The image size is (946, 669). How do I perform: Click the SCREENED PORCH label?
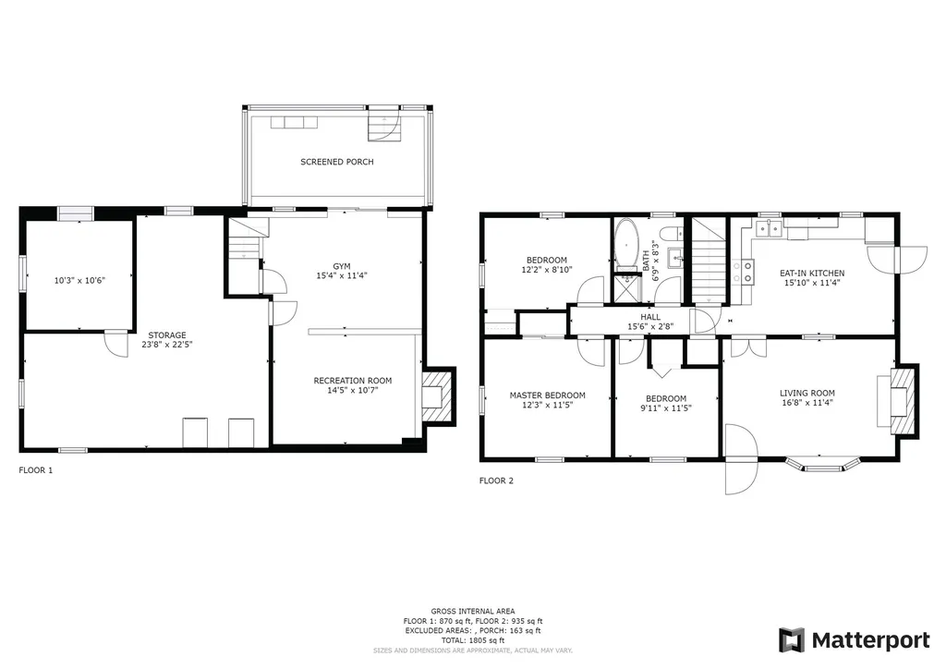[336, 162]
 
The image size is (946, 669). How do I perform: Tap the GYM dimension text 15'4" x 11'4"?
[342, 275]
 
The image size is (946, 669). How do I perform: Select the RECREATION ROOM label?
[352, 381]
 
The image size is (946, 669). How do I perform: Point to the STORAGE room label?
[167, 335]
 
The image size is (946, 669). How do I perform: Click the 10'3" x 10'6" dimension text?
[79, 280]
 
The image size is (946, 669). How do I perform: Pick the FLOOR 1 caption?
[36, 470]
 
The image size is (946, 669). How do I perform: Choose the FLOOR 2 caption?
[496, 480]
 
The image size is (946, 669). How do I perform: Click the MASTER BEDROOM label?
[547, 395]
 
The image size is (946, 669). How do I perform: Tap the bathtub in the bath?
[626, 244]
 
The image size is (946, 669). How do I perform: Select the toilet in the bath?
[672, 234]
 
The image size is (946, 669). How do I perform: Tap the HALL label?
[650, 317]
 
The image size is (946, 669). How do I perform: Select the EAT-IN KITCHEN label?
[812, 274]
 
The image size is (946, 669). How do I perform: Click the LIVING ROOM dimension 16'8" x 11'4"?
[807, 402]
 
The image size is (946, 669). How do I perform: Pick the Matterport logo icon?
[792, 640]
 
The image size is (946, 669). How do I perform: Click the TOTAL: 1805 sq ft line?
[472, 640]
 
